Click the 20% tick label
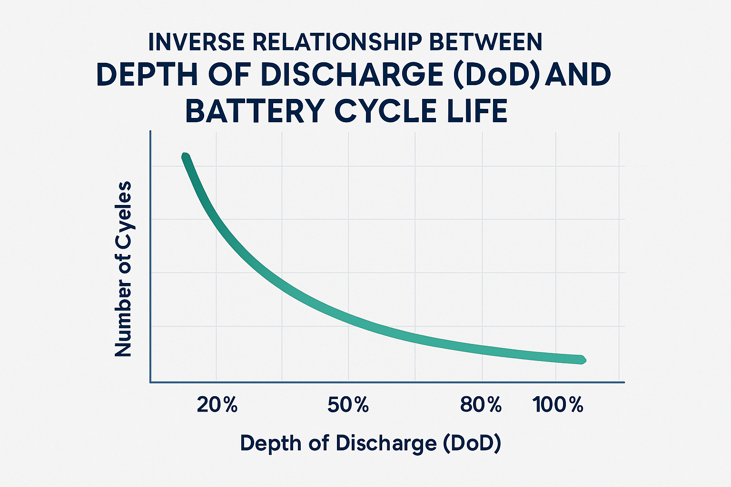click(x=217, y=405)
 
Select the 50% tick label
click(x=348, y=405)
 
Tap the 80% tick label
click(x=481, y=405)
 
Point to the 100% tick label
click(x=558, y=405)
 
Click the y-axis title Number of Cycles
click(x=123, y=269)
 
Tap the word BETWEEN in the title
click(x=485, y=42)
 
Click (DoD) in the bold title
click(x=496, y=75)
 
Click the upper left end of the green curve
click(x=186, y=157)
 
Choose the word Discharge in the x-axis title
click(x=385, y=443)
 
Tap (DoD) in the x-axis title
click(x=472, y=443)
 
